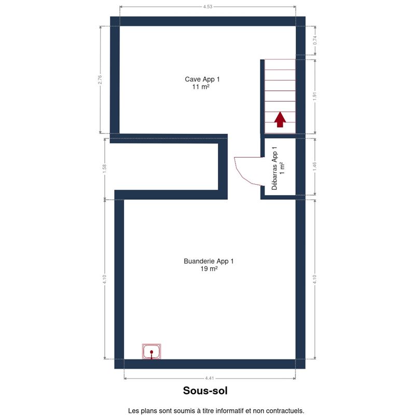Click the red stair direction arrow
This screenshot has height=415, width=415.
280,120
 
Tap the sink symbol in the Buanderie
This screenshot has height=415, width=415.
151,352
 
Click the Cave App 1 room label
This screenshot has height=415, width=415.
202,79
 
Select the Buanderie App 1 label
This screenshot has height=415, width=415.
209,261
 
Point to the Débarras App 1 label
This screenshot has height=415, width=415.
274,168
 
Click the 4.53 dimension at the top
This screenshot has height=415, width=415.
208,7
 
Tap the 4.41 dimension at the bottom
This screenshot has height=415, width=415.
210,378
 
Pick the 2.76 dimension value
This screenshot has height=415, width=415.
100,80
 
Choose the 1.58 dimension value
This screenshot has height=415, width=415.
104,169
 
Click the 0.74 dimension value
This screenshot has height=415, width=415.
315,40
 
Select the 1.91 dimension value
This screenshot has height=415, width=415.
315,96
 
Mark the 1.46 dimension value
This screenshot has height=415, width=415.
315,166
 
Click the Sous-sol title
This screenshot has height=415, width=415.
205,391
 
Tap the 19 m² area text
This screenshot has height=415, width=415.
209,269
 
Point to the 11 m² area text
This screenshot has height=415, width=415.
201,87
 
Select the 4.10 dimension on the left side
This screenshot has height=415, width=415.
104,279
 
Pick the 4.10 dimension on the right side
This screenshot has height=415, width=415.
315,279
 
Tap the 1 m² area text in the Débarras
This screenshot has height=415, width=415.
282,168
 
